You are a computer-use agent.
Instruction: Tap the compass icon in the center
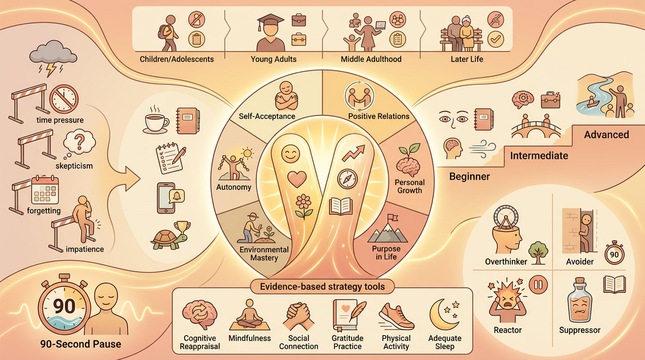[x=347, y=178]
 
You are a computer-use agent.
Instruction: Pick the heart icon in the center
[x=296, y=179]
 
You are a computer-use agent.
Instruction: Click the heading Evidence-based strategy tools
[x=322, y=286]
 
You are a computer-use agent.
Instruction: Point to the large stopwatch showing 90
[x=64, y=307]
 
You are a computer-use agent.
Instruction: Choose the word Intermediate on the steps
[x=539, y=155]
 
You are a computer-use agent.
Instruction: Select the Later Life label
[x=467, y=60]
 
